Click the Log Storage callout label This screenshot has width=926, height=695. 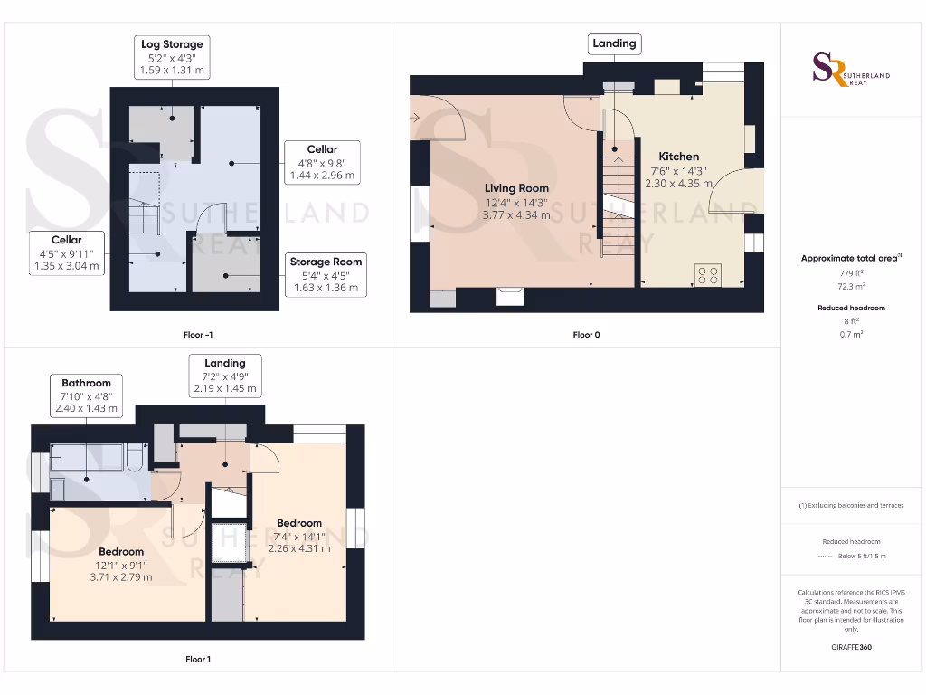[x=172, y=56]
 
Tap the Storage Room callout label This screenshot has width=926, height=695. [x=326, y=275]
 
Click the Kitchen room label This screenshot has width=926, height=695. [x=678, y=157]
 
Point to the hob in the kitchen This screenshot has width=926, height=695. [x=707, y=274]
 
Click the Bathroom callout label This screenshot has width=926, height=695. [x=87, y=396]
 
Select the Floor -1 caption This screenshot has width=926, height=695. [x=198, y=335]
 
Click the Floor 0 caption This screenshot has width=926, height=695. [x=586, y=335]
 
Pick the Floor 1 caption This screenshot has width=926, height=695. [x=198, y=659]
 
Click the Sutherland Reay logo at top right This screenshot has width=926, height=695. [x=851, y=70]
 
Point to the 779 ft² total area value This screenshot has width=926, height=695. [x=850, y=273]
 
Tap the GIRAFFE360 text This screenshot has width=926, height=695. [x=850, y=647]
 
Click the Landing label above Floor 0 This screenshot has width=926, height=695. [x=614, y=43]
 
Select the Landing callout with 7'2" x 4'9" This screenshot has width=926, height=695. [x=225, y=376]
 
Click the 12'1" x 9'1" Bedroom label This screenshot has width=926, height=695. [x=121, y=564]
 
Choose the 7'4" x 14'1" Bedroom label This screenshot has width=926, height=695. [x=299, y=536]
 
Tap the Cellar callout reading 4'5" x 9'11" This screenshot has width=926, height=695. [x=66, y=253]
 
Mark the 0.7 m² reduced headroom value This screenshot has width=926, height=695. [x=850, y=334]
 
